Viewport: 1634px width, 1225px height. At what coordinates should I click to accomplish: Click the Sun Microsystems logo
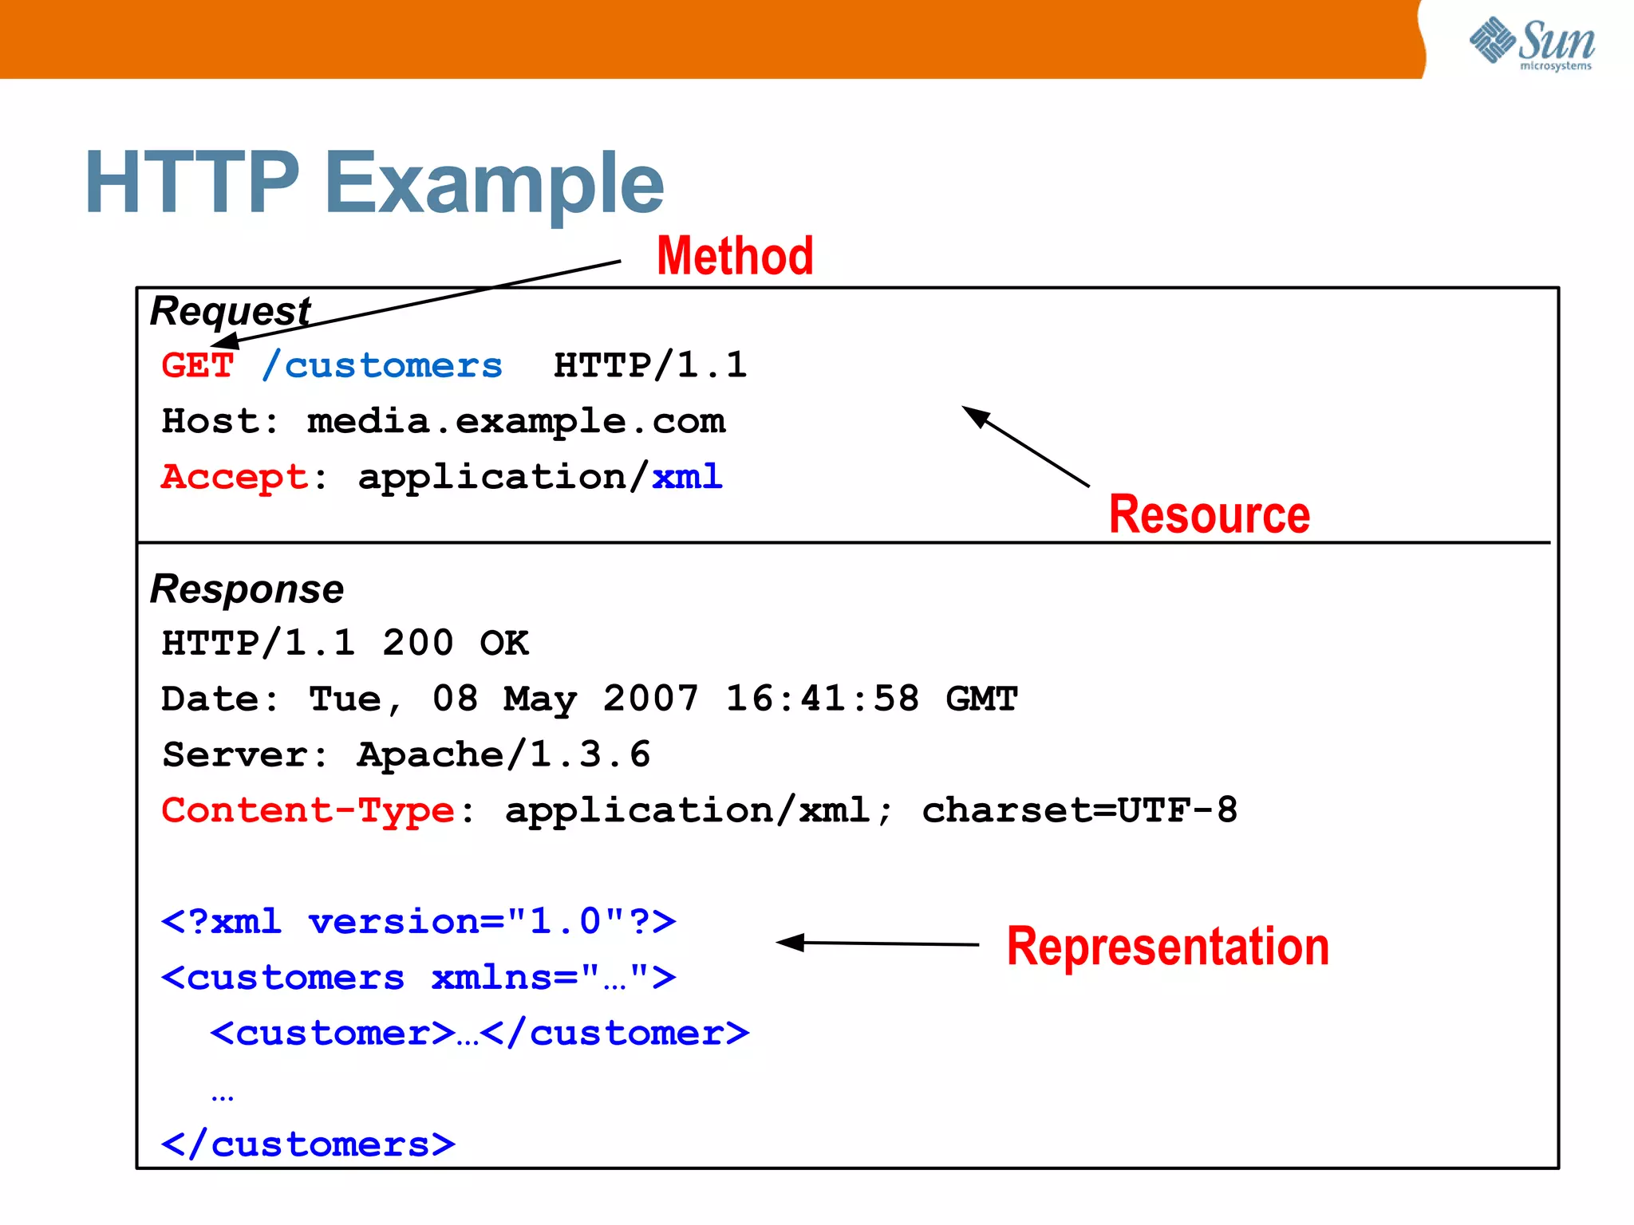1532,44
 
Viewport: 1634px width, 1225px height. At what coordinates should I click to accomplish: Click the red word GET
197,365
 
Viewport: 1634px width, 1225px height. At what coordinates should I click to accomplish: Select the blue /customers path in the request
382,365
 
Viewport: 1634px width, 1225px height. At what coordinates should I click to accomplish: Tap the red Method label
735,256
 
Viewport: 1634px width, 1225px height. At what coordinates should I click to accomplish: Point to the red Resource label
1209,514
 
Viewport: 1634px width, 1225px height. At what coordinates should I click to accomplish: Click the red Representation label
1167,947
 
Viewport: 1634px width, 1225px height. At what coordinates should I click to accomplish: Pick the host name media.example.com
516,421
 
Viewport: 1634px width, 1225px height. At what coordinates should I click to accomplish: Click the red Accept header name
234,477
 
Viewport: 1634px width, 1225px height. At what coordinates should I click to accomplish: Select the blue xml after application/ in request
687,477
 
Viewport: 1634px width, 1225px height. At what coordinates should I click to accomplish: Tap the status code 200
417,643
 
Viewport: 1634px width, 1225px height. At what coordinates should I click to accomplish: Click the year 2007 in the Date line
650,699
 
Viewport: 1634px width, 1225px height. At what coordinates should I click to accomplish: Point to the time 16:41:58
822,699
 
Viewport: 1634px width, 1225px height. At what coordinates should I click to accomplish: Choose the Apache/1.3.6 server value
503,754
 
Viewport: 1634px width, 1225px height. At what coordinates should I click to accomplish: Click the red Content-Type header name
308,810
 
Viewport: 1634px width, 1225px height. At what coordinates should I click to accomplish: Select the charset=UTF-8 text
1079,810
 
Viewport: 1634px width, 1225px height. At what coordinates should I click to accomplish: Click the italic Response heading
247,589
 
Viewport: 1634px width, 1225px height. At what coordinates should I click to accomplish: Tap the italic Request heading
230,310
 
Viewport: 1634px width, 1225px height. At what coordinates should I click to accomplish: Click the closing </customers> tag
308,1144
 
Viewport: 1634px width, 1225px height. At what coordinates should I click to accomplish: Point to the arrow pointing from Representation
878,943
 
